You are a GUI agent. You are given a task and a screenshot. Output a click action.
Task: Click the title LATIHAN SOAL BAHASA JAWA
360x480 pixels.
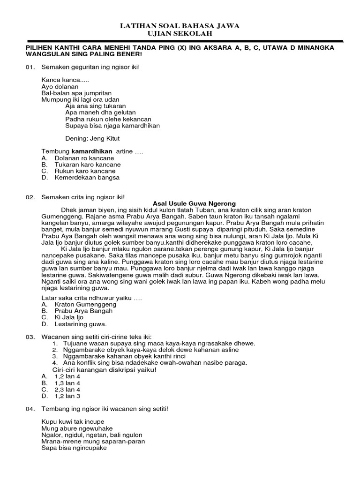[180, 27]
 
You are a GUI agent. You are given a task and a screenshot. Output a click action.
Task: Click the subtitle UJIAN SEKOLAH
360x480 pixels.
[180, 34]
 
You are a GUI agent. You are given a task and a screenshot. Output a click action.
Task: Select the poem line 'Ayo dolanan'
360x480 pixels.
[60, 87]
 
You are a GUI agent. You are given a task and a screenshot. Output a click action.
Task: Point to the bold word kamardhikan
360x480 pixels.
[92, 152]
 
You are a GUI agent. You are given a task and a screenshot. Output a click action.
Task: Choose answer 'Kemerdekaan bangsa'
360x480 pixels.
[87, 178]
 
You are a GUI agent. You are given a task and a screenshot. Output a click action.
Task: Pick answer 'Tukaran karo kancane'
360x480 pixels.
[87, 165]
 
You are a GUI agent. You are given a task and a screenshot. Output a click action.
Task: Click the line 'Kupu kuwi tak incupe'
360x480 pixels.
[73, 421]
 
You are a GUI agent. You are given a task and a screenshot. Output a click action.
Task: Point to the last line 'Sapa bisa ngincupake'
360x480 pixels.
[74, 448]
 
